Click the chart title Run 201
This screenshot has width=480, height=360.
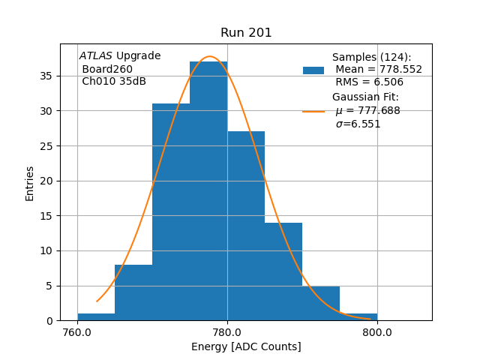[x=246, y=33]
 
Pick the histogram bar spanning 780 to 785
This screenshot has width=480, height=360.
[x=246, y=226]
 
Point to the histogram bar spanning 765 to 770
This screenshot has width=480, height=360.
[x=133, y=292]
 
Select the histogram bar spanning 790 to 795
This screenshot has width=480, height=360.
[x=321, y=303]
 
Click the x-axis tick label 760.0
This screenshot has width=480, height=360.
[x=78, y=332]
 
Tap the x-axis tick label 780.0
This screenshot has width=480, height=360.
[x=227, y=332]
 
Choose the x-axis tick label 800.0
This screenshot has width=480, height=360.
[x=376, y=332]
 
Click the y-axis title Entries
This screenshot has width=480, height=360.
[x=30, y=183]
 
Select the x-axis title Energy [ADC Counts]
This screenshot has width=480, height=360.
[x=246, y=346]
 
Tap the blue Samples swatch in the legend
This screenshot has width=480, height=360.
[x=313, y=70]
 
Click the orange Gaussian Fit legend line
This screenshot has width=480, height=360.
[x=313, y=111]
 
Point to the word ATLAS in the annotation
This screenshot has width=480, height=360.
[x=96, y=56]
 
